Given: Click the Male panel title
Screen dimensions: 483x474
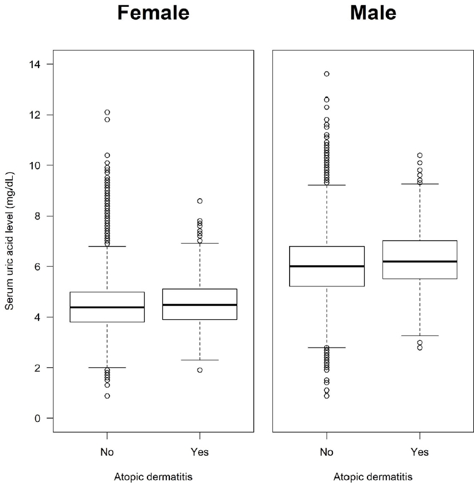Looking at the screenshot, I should tap(373, 13).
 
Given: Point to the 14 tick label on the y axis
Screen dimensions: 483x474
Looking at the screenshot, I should tap(38, 64).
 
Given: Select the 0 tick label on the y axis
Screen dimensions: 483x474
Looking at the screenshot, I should tap(40, 418).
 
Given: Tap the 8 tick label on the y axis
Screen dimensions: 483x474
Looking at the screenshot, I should tap(40, 216).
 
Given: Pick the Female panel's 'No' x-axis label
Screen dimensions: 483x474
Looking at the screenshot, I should tap(107, 452).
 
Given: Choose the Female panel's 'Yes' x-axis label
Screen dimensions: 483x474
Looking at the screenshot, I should tap(199, 452).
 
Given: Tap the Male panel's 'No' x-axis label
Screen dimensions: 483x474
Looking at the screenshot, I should tap(327, 452).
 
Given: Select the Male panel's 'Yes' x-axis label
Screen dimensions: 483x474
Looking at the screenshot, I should tap(419, 452).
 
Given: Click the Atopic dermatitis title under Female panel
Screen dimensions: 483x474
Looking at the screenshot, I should tap(153, 477).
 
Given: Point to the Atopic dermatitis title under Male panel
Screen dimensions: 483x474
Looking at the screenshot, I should tap(373, 477).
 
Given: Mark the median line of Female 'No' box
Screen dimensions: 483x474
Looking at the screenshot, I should tap(107, 307).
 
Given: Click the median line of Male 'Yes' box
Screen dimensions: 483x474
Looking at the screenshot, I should tap(419, 261).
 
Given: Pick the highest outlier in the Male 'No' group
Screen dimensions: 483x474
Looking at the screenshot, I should tap(327, 74).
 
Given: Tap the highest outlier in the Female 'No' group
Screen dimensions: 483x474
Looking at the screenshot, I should tap(107, 112).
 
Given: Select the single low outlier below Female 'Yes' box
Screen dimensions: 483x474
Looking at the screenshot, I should tap(199, 370).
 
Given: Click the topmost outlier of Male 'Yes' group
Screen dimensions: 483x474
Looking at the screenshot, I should tap(419, 155).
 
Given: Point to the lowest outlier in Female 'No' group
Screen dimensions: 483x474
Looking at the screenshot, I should tap(107, 396).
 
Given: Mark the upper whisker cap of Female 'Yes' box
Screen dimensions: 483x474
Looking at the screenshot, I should tap(199, 243).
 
